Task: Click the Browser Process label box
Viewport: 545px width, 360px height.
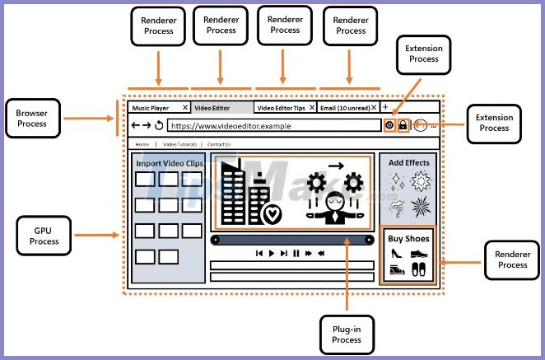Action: [31, 119]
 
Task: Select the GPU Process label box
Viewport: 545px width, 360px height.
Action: [44, 236]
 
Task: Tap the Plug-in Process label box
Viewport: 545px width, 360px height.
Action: [347, 334]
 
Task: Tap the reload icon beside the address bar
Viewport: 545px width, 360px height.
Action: [159, 126]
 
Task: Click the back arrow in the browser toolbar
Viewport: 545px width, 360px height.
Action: [136, 126]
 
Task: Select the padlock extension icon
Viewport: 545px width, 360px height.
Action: [403, 126]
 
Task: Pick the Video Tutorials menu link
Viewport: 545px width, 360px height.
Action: [179, 144]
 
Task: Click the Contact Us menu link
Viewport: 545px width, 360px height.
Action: [219, 144]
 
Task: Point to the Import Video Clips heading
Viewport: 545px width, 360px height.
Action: [169, 163]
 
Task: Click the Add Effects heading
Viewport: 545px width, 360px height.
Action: [408, 163]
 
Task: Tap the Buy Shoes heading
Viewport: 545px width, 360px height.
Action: [409, 239]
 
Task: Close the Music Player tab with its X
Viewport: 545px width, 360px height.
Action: [184, 108]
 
